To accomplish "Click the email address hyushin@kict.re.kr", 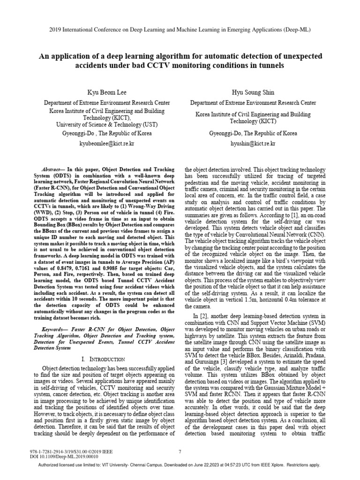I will coord(253,142).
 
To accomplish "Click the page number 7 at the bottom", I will coord(180,452).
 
